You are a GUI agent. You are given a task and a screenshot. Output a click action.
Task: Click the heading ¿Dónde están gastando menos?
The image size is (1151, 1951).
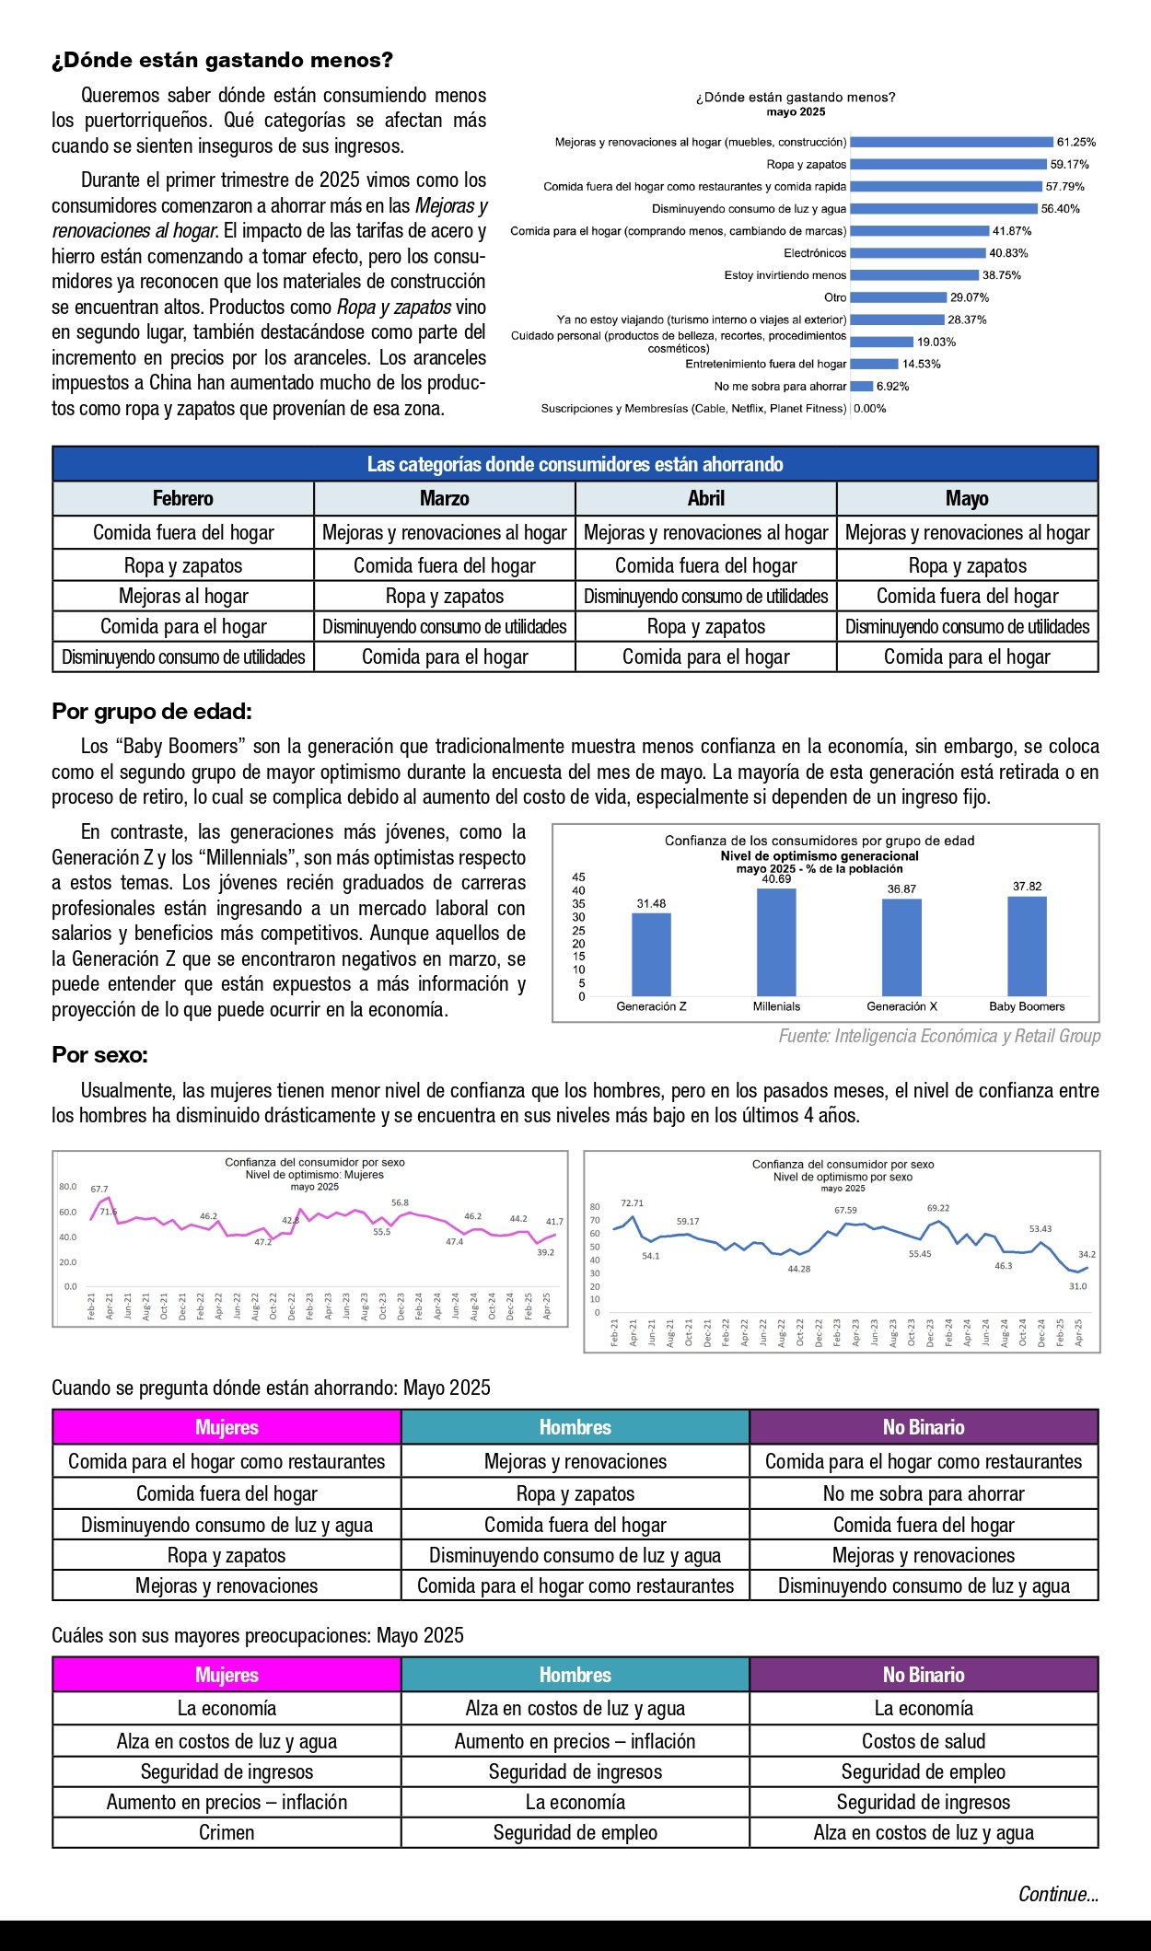(x=222, y=60)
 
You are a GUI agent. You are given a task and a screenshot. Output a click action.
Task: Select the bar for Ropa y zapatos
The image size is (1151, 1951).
(x=948, y=165)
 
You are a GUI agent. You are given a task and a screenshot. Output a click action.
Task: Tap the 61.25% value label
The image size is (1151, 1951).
(x=1075, y=143)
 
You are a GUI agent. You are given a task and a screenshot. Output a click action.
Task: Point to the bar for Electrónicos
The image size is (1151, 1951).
(x=917, y=253)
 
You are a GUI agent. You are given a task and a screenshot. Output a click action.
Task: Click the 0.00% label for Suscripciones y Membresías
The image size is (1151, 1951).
(x=870, y=409)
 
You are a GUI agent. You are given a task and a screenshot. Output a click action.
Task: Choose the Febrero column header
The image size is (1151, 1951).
(x=183, y=498)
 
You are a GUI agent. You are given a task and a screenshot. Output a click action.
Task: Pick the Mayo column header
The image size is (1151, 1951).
(x=967, y=498)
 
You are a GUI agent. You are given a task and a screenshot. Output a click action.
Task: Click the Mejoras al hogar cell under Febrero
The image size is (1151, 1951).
(x=183, y=596)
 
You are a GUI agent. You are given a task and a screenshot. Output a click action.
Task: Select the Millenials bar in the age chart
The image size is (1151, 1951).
(x=776, y=941)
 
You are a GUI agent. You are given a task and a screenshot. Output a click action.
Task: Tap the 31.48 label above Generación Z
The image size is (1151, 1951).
(x=651, y=903)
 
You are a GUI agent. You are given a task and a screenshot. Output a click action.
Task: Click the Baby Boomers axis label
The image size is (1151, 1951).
(x=1027, y=1006)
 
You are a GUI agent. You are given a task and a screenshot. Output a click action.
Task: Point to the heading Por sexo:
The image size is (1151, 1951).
(x=99, y=1054)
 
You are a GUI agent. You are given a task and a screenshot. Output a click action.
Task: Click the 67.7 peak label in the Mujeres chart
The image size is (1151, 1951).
(x=99, y=1189)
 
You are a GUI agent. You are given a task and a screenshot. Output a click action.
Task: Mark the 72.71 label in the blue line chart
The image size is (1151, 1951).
(x=633, y=1202)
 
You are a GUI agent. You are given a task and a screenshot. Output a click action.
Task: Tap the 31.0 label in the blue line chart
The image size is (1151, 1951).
(x=1077, y=1286)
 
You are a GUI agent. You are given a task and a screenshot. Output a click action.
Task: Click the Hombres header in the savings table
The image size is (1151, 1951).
(x=575, y=1427)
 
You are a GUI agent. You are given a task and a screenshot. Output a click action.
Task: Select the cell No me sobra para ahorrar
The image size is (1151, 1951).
(x=924, y=1493)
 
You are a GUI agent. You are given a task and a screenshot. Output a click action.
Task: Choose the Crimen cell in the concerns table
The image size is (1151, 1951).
(x=227, y=1832)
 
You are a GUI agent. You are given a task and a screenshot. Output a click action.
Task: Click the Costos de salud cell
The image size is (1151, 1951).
(x=924, y=1741)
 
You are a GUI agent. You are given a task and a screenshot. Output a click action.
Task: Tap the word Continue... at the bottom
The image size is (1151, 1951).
(x=1058, y=1894)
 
